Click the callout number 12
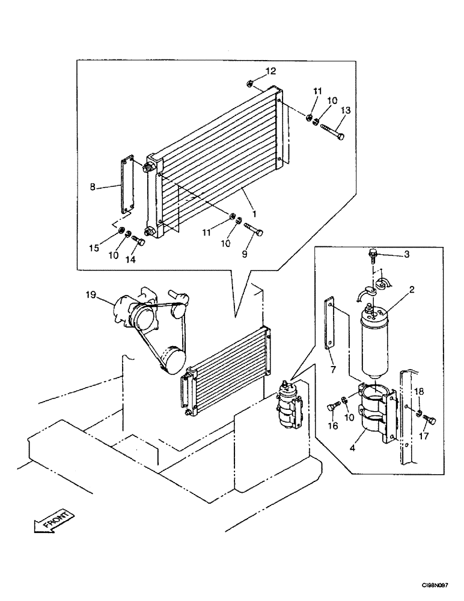(270, 71)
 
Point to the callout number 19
(90, 295)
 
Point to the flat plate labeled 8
(127, 186)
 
